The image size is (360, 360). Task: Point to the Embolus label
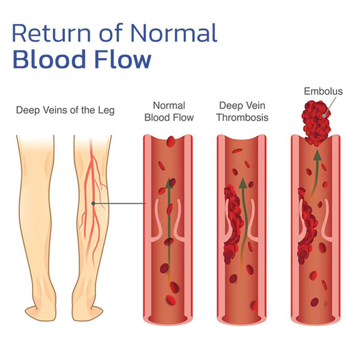coord(323,91)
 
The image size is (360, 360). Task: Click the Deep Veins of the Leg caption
coord(65,110)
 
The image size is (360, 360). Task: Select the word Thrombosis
coord(243,118)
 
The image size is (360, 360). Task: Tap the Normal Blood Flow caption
coord(169,112)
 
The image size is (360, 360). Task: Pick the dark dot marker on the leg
coord(93,203)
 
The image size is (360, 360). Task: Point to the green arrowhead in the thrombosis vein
coord(243,183)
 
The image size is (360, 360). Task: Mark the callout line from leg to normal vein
coord(120,204)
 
